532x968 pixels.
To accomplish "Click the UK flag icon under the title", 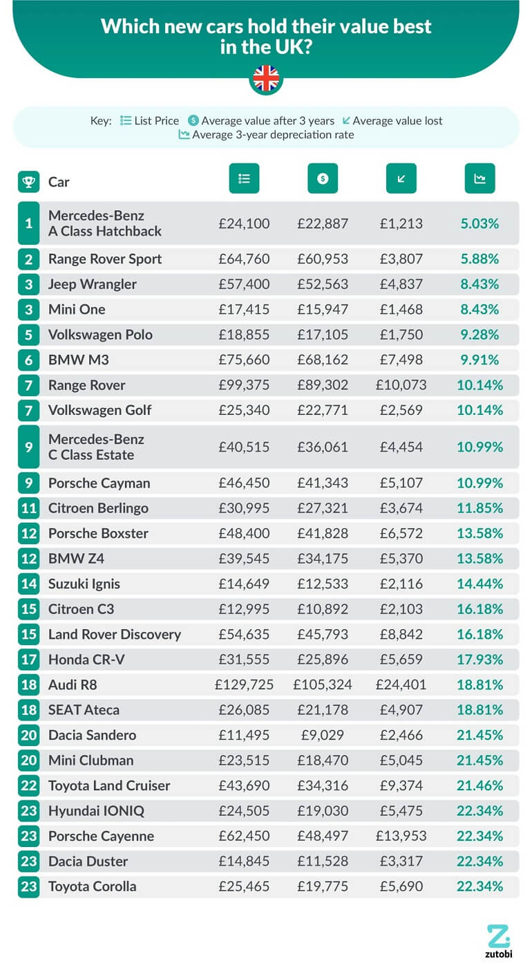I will coord(266,79).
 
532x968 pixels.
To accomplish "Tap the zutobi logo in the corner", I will coord(498,940).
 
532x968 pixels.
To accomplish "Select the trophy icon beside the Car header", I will coord(29,182).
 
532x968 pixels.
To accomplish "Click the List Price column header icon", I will coord(244,178).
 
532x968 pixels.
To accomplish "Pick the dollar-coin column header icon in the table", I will coord(323,178).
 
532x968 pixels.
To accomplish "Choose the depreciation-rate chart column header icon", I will coord(479,178).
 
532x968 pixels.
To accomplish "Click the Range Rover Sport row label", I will coord(105,259).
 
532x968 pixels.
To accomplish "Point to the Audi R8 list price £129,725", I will coord(244,685).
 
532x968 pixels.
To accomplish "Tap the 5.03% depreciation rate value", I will coord(479,223).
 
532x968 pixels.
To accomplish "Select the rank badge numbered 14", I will coord(29,584).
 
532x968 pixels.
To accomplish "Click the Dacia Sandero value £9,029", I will coord(323,735).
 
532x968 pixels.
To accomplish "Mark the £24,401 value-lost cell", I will coord(401,685).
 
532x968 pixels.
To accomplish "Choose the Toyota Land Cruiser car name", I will coord(109,785).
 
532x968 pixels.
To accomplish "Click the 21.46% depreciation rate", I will coord(479,785).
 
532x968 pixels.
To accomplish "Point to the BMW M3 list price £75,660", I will coord(244,360).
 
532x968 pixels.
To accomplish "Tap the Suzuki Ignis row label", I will coord(84,584).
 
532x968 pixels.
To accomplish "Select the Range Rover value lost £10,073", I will coord(401,385).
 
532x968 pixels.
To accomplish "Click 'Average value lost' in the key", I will coord(397,120).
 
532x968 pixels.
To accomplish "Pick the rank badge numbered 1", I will coord(29,223).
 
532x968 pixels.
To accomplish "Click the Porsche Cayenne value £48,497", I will coord(323,836).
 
